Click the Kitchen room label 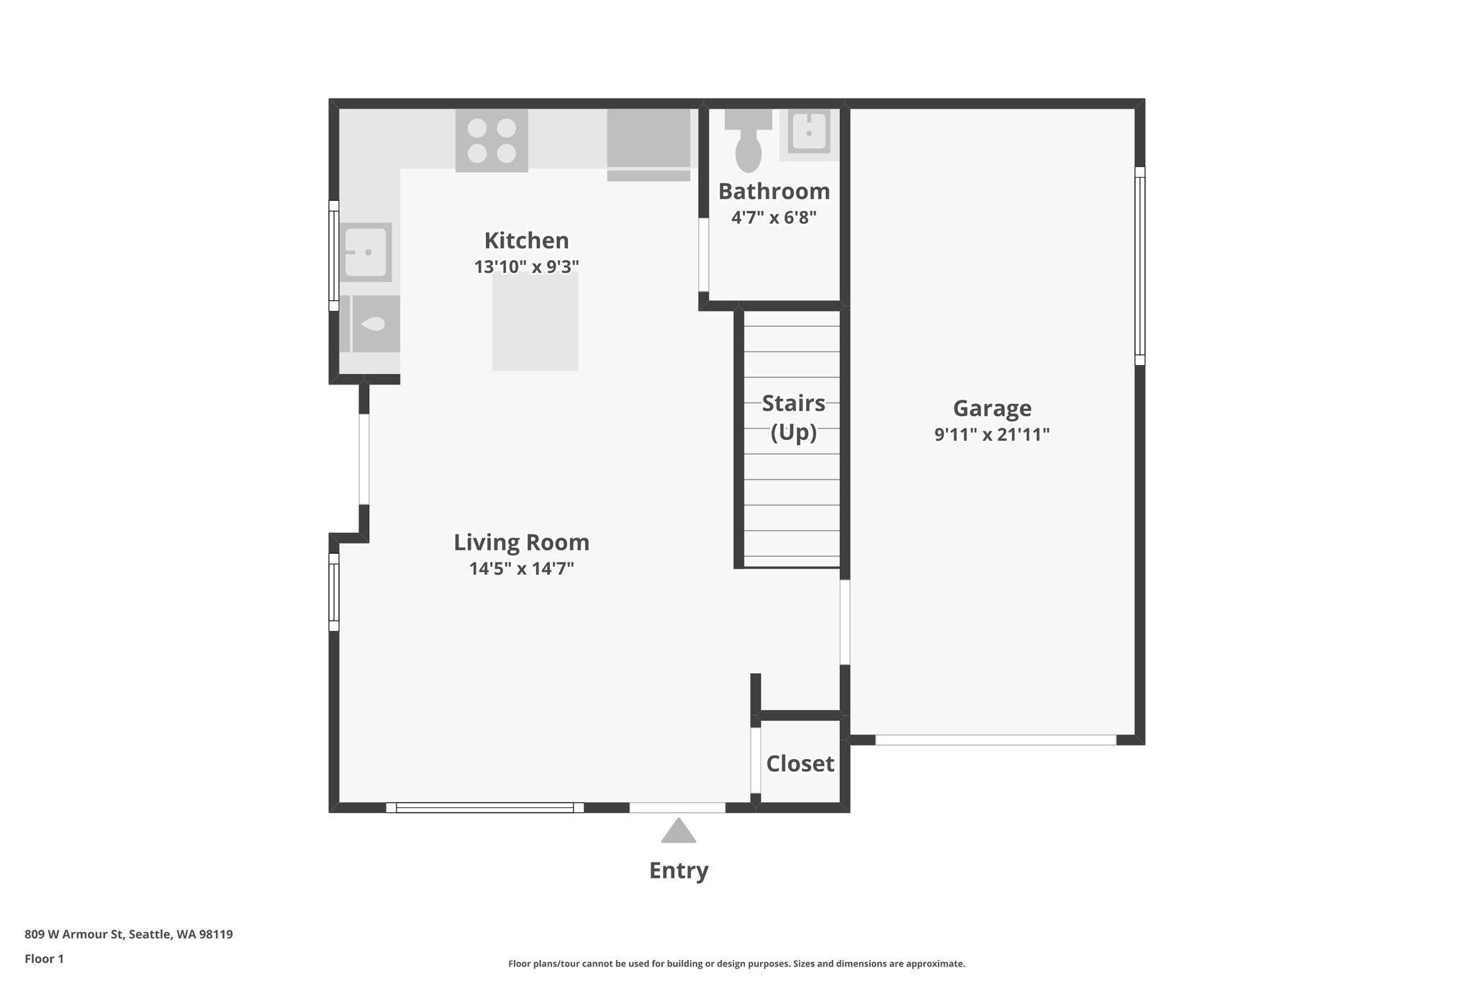click(x=526, y=241)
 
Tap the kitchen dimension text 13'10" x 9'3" click(x=526, y=267)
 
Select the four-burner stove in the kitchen click(x=492, y=140)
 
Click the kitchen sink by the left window click(x=366, y=252)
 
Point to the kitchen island click(x=535, y=322)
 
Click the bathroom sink click(x=809, y=133)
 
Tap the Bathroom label click(x=774, y=192)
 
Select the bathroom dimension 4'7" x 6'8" click(x=774, y=217)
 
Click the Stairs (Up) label click(x=793, y=417)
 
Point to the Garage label click(x=992, y=408)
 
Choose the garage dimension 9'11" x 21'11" click(x=992, y=435)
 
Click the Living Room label click(x=521, y=542)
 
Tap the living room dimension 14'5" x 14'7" click(x=521, y=569)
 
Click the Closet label click(x=800, y=763)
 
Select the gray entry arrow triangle click(x=678, y=832)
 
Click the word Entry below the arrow click(x=678, y=871)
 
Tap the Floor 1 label click(x=44, y=959)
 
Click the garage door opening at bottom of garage click(x=995, y=740)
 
